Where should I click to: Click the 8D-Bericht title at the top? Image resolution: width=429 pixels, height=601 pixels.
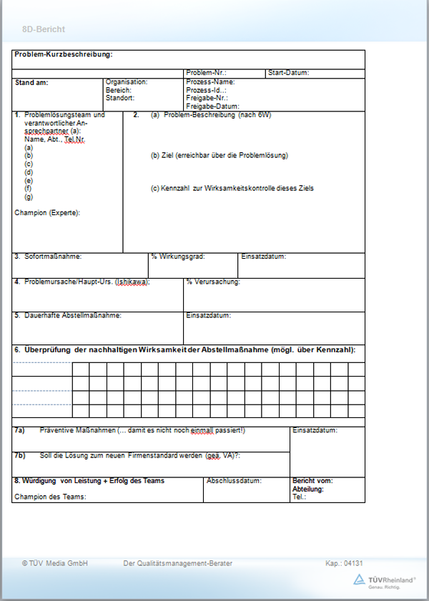point(43,29)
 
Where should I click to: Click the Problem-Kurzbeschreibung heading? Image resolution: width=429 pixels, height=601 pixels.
point(64,54)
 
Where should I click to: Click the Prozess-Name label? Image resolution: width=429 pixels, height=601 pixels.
point(210,82)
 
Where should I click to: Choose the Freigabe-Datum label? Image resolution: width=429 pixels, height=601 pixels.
point(212,106)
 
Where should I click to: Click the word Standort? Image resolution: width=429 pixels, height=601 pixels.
point(119,98)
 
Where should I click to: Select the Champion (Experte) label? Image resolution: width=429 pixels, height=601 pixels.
point(47,212)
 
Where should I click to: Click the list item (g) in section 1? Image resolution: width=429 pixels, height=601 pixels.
point(29,197)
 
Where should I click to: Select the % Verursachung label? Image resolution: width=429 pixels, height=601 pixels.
point(213,282)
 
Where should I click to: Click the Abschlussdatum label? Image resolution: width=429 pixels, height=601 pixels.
point(234,481)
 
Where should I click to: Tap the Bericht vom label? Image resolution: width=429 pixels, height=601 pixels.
point(312,481)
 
